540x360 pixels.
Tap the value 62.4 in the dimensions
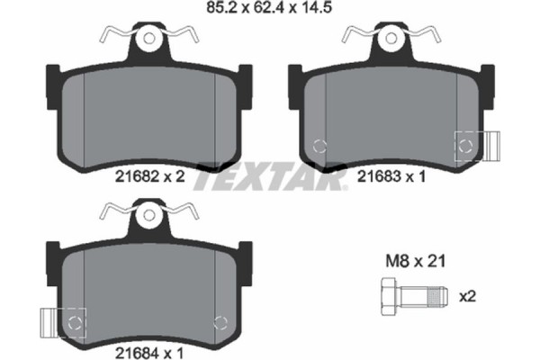click(268, 12)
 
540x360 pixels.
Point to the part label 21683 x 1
click(388, 178)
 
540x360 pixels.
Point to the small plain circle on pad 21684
click(219, 319)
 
